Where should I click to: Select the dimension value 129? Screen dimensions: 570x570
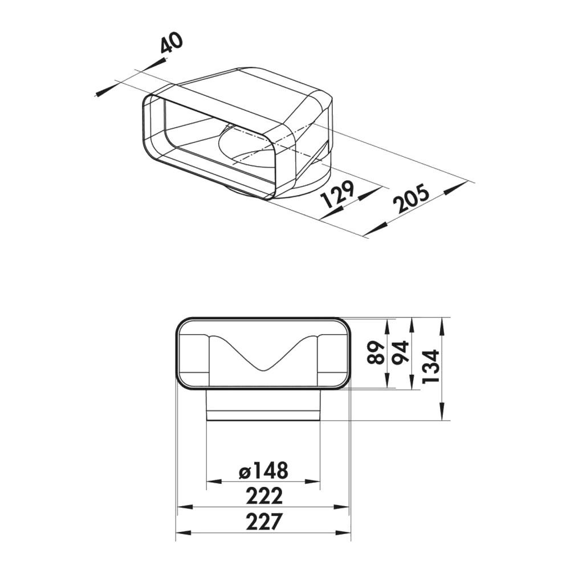[337, 194]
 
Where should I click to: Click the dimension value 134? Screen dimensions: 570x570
[431, 366]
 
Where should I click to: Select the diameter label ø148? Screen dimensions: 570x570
[263, 471]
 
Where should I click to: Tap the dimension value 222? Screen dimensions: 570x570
[264, 496]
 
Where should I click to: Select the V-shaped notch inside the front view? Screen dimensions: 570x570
[263, 362]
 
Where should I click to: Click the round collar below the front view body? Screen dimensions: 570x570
[263, 405]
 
